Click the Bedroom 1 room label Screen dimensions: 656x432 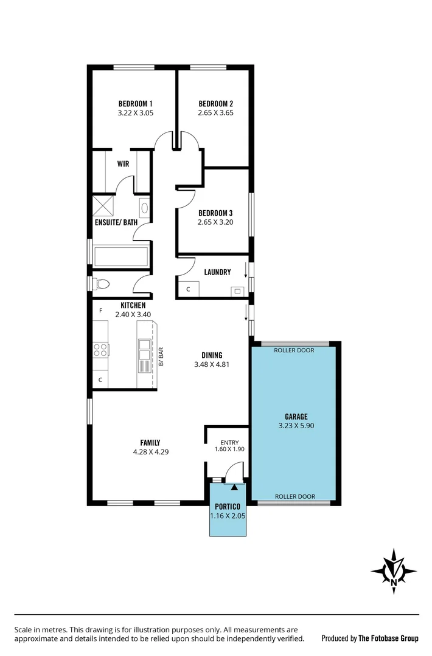pos(135,104)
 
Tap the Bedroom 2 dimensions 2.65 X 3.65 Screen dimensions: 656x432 pos(215,113)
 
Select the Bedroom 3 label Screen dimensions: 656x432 pos(215,213)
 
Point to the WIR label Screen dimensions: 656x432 pos(124,164)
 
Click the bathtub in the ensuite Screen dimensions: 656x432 pos(120,256)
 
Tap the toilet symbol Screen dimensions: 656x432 pos(101,284)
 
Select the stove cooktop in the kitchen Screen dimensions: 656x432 pos(100,350)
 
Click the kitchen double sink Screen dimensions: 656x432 pos(144,351)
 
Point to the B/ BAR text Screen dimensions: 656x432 pos(161,356)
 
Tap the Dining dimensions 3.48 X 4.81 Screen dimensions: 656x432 pos(212,365)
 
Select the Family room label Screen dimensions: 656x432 pos(149,443)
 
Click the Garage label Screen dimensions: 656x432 pos(296,417)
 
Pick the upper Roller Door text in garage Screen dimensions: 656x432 pos(294,350)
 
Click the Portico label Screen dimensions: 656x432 pos(228,507)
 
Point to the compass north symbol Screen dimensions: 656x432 pos(394,571)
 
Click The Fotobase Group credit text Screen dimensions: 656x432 pos(388,638)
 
